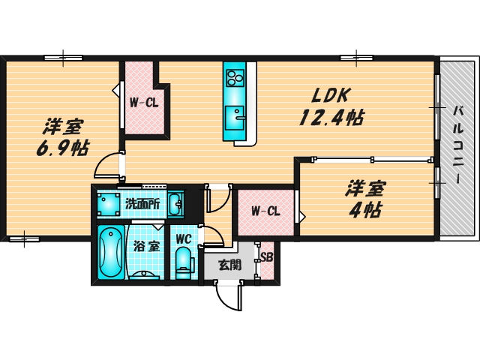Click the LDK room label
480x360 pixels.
pos(327,96)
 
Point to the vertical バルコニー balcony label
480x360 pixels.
pos(457,145)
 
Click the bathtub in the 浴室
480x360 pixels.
pos(110,251)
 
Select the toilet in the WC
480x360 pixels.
pos(182,263)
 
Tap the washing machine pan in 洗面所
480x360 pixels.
pos(109,203)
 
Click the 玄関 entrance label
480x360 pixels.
pos(229,264)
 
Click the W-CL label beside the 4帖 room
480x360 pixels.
pos(265,211)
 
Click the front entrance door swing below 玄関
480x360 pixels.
pos(228,297)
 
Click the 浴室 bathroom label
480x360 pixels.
pos(145,245)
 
